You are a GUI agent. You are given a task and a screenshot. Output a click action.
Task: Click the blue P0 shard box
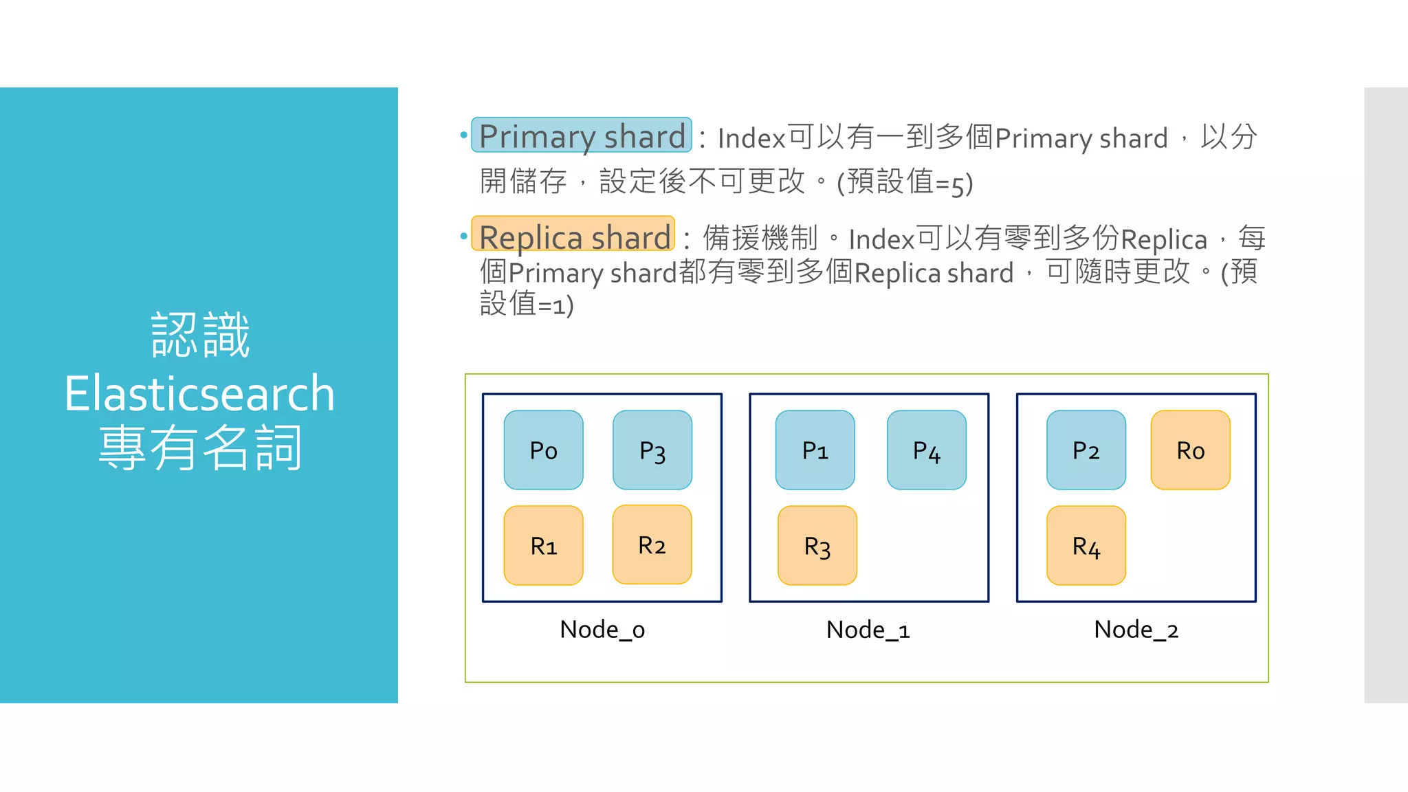click(543, 450)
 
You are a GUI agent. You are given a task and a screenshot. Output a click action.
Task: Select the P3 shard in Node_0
click(652, 450)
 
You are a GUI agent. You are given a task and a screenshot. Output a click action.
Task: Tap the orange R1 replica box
click(543, 546)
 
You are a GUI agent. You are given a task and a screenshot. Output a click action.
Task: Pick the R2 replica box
click(652, 544)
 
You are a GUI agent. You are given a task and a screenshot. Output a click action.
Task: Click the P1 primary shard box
click(815, 450)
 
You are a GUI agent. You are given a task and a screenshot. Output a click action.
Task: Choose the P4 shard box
click(926, 450)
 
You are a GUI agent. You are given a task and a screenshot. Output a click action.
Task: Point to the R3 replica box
click(817, 546)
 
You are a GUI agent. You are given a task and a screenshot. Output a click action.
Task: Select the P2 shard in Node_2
click(1086, 450)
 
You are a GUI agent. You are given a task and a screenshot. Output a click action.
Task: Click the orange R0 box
click(1190, 450)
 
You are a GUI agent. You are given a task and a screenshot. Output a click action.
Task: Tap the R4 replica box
click(1086, 546)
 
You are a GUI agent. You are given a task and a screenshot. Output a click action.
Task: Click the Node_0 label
click(602, 630)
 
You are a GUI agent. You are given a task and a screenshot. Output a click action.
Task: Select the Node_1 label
click(868, 630)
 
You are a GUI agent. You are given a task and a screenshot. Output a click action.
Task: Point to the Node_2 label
click(1136, 630)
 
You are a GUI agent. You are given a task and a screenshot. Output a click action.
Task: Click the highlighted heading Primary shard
click(582, 135)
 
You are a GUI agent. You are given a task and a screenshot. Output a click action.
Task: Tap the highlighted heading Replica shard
click(573, 236)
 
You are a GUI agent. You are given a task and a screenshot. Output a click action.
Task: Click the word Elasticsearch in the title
click(199, 393)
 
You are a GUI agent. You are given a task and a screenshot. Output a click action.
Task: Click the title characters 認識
click(199, 335)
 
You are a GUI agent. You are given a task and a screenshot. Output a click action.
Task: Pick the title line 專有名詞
click(199, 448)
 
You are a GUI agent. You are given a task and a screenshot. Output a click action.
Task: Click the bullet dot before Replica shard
click(463, 236)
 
